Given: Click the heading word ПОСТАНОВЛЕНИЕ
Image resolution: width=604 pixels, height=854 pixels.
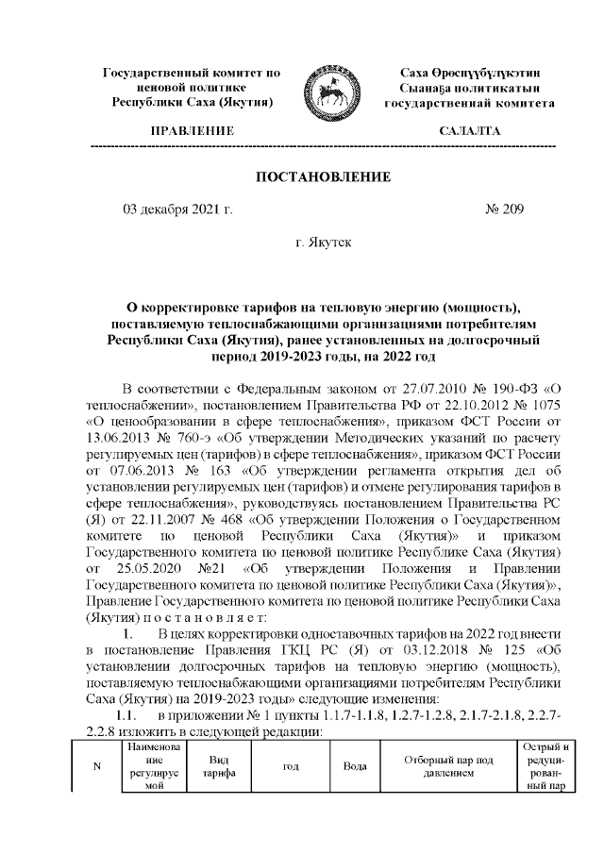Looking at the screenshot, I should click(323, 176).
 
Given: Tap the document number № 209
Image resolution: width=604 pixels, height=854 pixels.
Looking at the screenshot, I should click(503, 209).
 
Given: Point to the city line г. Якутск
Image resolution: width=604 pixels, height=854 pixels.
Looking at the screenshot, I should click(324, 243).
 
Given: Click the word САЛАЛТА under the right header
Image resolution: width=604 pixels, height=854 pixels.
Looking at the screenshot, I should click(469, 131).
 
